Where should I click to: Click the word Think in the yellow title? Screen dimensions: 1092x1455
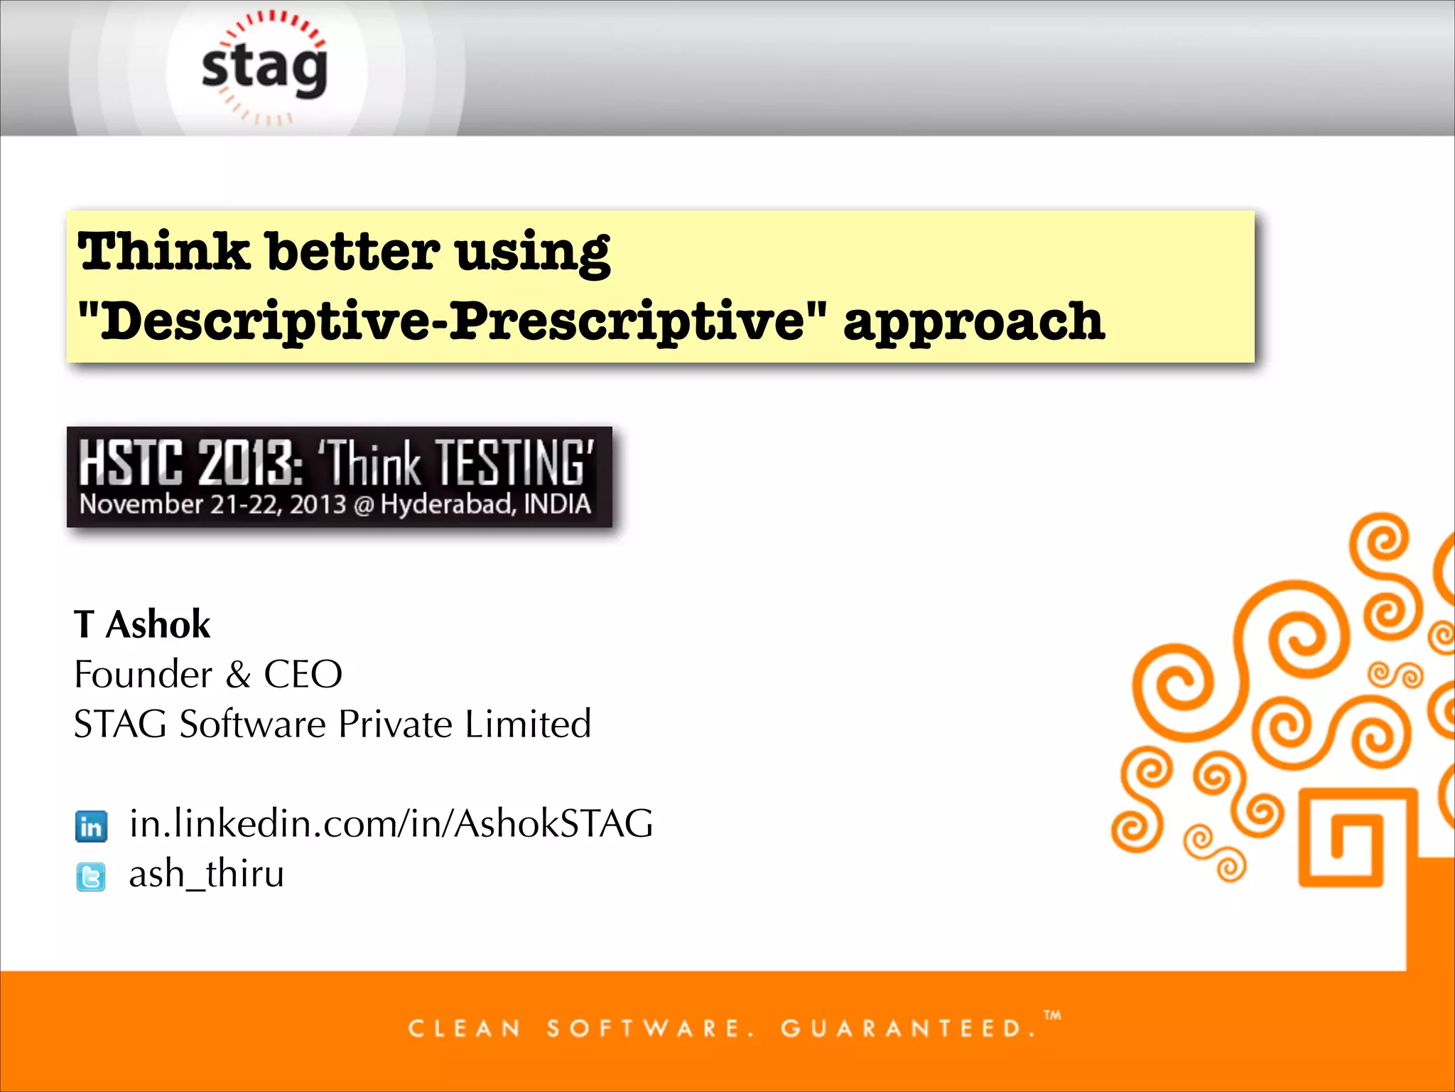[x=163, y=252]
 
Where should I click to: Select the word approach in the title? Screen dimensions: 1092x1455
[x=973, y=321]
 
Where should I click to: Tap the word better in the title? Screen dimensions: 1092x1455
[x=353, y=252]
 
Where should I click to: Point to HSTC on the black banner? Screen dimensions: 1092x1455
[x=131, y=463]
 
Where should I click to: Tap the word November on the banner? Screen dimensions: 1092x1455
[x=141, y=504]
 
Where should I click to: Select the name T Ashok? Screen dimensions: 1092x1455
[x=142, y=625]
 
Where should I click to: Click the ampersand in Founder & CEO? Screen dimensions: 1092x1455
[x=239, y=675]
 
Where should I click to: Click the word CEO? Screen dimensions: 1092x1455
[x=303, y=675]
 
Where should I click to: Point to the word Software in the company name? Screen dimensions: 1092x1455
[x=252, y=724]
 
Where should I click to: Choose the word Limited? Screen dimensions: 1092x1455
[x=528, y=724]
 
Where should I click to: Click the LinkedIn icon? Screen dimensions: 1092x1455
[x=91, y=826]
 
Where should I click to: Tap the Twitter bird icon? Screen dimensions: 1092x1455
[x=91, y=877]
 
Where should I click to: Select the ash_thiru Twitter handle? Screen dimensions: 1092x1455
[x=206, y=874]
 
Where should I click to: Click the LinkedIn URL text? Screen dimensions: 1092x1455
[x=391, y=824]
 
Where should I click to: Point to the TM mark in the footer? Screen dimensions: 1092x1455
[x=1053, y=1015]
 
